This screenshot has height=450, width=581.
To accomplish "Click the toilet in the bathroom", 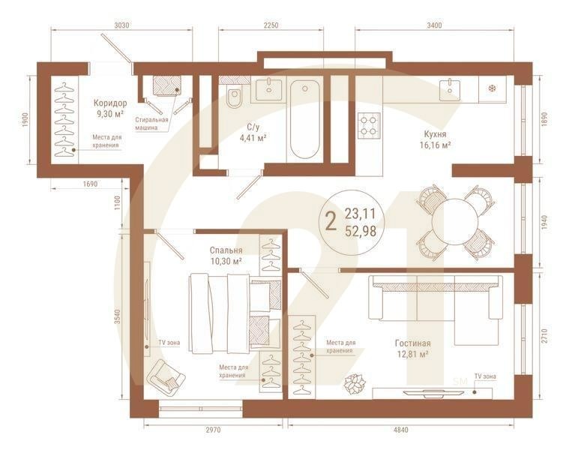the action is point(234,96).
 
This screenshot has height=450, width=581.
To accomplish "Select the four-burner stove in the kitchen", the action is point(369,126).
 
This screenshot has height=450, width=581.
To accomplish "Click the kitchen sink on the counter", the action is point(451,90).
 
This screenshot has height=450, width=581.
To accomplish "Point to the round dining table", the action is point(455,221).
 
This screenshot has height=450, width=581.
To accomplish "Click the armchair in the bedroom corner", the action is point(166,376).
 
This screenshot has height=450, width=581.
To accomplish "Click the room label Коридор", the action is point(110,103).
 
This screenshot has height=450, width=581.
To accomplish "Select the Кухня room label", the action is point(436,133).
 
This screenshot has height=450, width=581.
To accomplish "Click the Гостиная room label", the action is point(413,343).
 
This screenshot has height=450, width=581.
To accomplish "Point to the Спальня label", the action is point(226,250).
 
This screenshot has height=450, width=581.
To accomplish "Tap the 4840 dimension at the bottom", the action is point(400,430).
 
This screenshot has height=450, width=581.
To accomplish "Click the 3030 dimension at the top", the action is point(121,25).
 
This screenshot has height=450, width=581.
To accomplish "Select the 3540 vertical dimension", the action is point(118,317).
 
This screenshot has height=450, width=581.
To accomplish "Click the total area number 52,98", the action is point(361,231).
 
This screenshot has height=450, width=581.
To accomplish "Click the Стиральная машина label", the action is point(151,124).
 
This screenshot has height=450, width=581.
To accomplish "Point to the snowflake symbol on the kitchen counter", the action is point(492,88).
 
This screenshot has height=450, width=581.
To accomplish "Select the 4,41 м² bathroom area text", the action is point(253,138).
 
